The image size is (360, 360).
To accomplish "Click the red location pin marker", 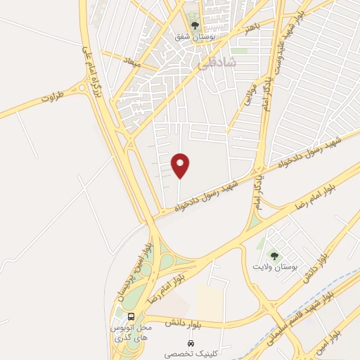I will tap(180, 165).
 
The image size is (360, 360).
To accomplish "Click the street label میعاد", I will tap(131, 63).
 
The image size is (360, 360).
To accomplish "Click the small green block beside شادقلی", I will tap(241, 51).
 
